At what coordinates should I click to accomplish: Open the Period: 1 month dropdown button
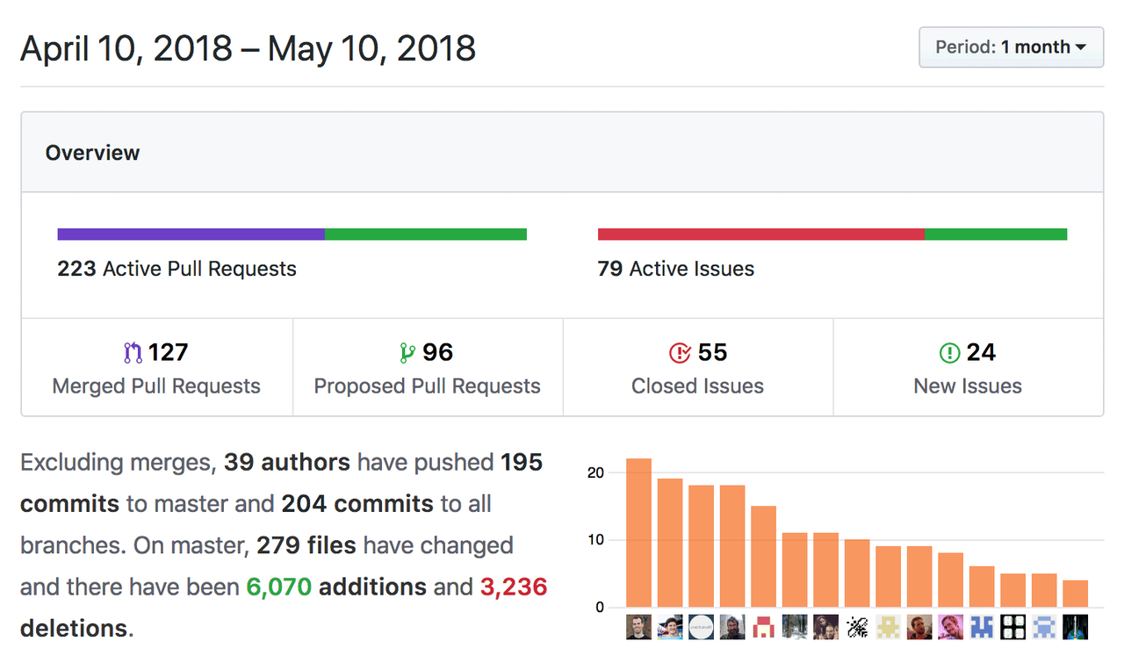coord(1011,47)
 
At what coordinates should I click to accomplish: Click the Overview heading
coord(92,153)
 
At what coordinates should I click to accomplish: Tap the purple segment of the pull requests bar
coord(191,234)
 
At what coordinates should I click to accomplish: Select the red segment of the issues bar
coord(761,234)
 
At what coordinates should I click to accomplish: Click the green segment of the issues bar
coord(996,234)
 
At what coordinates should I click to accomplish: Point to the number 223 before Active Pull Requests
coord(76,269)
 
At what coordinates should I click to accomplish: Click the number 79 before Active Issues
coord(609,269)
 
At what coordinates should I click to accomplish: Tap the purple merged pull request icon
coord(133,353)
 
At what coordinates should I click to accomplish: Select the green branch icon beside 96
coord(407,353)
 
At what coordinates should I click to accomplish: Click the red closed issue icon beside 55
coord(680,353)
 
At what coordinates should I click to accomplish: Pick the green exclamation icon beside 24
coord(949,353)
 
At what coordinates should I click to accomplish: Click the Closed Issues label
coord(697,386)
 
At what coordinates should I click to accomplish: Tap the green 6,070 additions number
coord(279,587)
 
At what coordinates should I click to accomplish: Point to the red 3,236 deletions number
coord(514,587)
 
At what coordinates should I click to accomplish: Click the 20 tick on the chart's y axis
coord(595,472)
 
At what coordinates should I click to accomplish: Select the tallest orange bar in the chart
coord(638,533)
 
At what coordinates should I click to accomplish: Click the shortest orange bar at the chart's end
coord(1076,594)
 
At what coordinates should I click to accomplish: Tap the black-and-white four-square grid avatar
coord(1012,627)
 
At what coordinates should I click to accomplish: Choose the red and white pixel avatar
coord(764,627)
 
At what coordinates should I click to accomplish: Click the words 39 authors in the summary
coord(287,462)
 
